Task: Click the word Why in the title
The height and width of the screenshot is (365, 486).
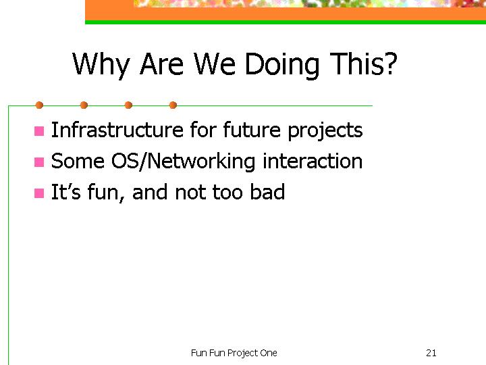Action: click(101, 65)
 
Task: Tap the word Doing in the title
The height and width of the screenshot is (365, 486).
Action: click(282, 65)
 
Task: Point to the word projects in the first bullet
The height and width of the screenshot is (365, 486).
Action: click(325, 130)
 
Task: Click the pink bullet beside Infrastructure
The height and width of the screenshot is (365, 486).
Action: click(39, 131)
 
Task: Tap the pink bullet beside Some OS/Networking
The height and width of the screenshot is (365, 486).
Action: click(39, 162)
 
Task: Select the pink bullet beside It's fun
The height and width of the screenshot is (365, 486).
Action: click(39, 193)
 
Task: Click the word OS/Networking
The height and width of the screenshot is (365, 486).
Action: click(183, 162)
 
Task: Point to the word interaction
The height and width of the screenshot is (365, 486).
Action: click(313, 161)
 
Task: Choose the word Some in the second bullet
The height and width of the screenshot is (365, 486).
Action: click(78, 161)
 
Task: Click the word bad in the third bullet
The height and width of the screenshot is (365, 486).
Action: click(267, 192)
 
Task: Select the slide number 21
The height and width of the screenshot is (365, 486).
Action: click(431, 353)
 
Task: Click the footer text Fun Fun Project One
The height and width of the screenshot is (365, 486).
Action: click(234, 354)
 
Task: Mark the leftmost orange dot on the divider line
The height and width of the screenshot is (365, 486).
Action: click(39, 105)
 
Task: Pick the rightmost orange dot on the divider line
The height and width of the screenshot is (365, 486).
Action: click(173, 105)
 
